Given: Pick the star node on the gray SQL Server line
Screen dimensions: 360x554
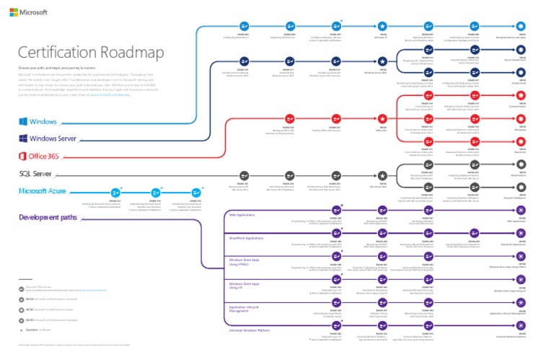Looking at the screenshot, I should [x=383, y=175].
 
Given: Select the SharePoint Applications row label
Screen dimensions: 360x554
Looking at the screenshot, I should [x=246, y=237].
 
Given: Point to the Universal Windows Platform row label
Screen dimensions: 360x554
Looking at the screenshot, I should [x=250, y=330].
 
